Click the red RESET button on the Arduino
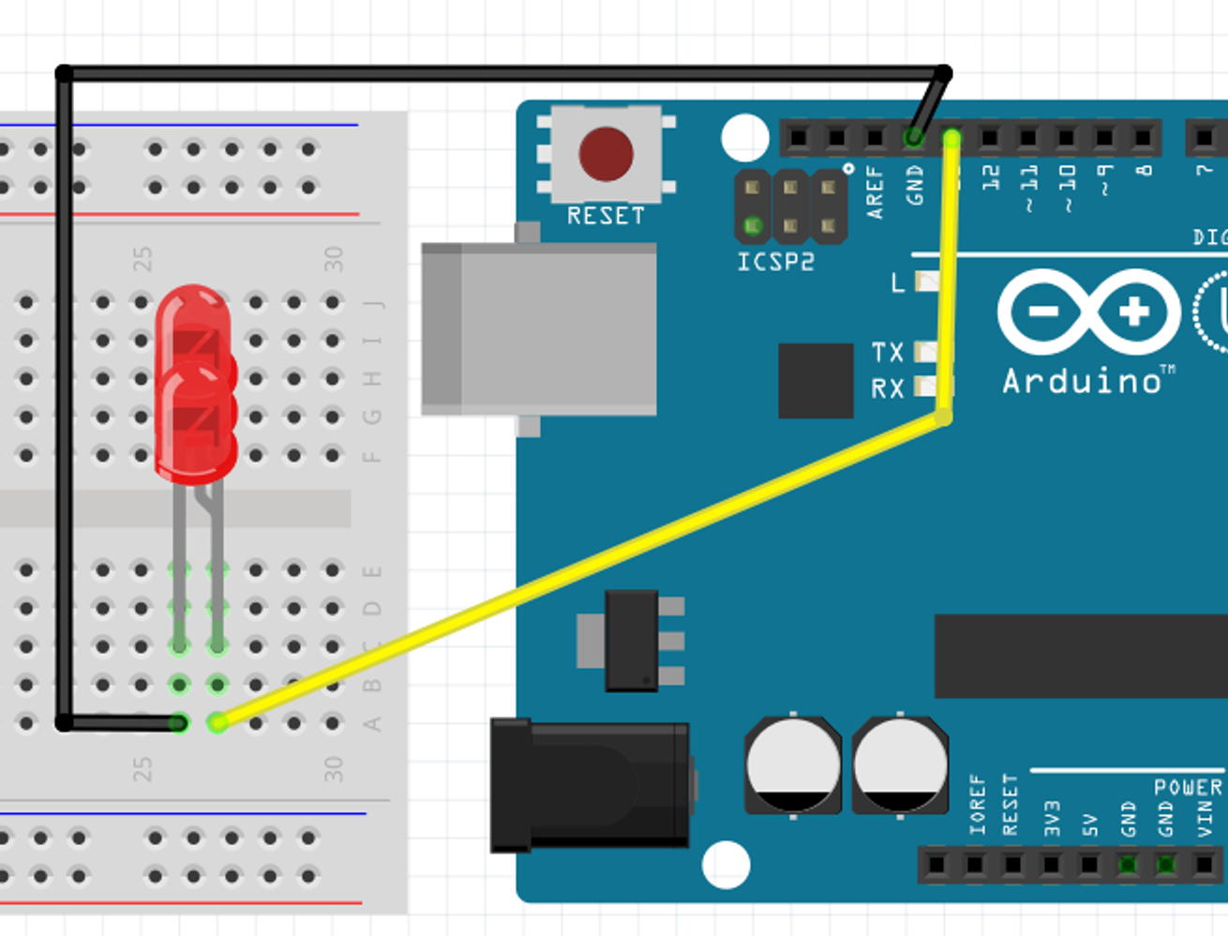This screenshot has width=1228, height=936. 606,154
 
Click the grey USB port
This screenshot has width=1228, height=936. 539,328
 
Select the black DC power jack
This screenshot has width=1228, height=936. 590,784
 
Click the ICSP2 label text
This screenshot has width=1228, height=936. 775,262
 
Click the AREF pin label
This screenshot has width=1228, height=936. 876,191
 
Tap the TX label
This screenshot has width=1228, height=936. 888,353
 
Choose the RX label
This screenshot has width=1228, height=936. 888,388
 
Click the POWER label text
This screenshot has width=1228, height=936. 1188,787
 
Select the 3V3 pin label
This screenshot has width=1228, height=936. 1052,818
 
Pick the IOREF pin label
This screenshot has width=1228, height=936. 977,805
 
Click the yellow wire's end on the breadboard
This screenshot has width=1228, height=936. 217,722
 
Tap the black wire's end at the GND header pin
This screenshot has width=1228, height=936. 914,139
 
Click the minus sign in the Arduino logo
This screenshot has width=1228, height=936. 1043,311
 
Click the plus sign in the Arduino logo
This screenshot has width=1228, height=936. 1134,311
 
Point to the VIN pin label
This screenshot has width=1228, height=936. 1206,818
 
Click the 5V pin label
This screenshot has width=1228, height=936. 1090,824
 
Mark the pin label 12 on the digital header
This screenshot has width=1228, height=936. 991,176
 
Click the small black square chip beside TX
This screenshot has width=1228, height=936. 816,380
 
